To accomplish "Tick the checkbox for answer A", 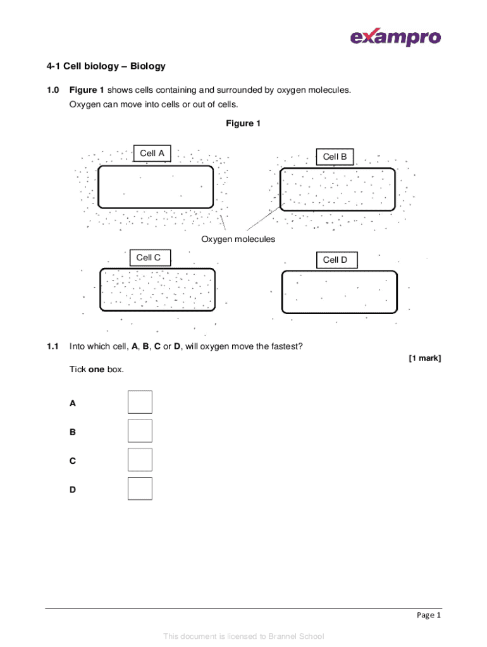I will pos(140,402).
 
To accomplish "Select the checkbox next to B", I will pos(140,431).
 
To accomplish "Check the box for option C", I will pos(140,459).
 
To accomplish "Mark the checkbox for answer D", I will pos(140,488).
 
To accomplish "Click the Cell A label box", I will pos(152,154).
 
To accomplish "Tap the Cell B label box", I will pos(335,157).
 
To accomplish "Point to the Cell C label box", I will pos(149,257).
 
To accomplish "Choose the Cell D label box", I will pos(335,260).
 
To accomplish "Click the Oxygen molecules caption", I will pos(238,239).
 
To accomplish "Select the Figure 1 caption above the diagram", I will pos(243,124).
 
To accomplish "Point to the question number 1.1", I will pos(52,346).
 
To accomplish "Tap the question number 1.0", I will pos(52,90).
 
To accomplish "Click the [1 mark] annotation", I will pos(424,358).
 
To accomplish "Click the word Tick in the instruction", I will pos(77,369).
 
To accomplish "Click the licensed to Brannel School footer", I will pos(243,636).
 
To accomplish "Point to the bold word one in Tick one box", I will pos(96,369).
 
